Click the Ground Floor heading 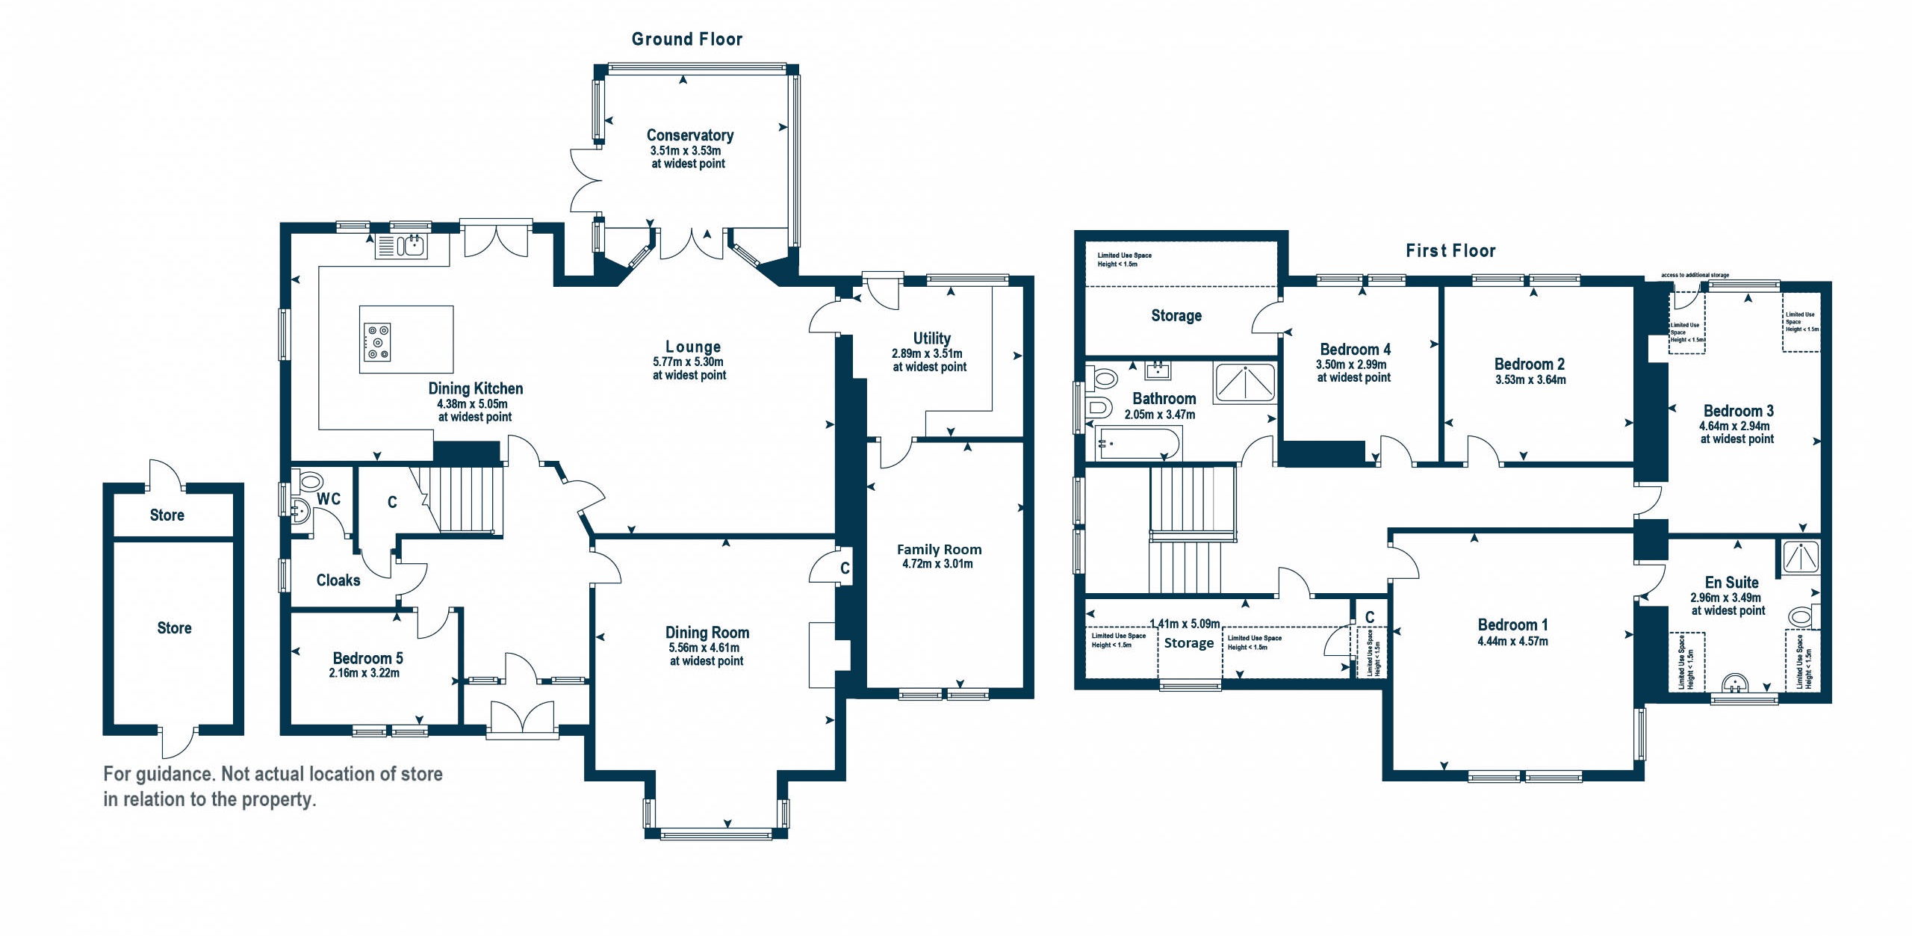coord(687,40)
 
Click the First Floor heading coord(1451,251)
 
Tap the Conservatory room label coord(690,135)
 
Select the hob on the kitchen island coord(377,341)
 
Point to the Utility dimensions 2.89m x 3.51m coord(927,353)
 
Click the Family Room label coord(940,550)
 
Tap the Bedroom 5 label coord(367,658)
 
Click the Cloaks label coord(338,580)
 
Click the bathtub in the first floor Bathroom coord(1138,443)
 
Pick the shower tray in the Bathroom coord(1245,382)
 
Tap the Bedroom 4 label coord(1356,350)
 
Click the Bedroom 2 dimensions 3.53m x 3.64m coord(1530,379)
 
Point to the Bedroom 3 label coord(1739,411)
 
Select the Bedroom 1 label coord(1513,625)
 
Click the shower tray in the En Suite coord(1801,557)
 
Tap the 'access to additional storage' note coord(1695,276)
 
